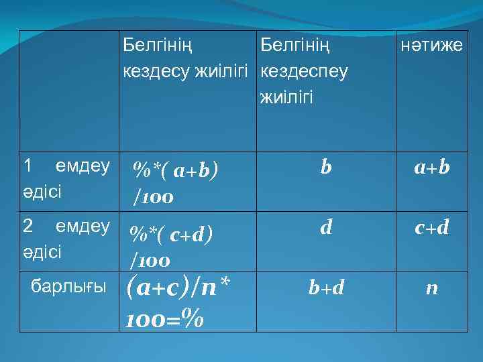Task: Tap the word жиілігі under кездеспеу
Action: [286, 97]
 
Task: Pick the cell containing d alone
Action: [325, 229]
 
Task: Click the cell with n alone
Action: [432, 288]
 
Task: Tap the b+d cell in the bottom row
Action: [326, 288]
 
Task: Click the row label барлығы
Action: [69, 287]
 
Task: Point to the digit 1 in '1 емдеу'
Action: [27, 165]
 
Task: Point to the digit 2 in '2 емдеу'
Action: [28, 226]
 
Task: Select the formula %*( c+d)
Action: [172, 234]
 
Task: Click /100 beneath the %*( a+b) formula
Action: [154, 197]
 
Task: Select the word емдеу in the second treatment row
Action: [83, 226]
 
